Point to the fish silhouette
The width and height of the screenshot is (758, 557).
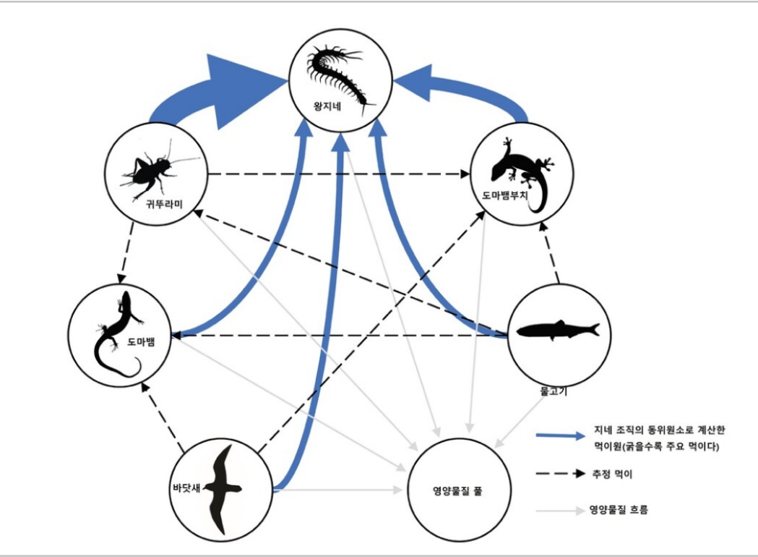[557, 331]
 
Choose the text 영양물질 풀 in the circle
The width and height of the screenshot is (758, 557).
[453, 490]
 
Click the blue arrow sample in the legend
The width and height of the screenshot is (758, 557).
[560, 435]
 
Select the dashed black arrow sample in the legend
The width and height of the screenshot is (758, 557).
[560, 474]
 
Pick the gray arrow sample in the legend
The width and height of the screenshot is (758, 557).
[560, 511]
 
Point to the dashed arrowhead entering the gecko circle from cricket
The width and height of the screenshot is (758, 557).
[462, 174]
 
